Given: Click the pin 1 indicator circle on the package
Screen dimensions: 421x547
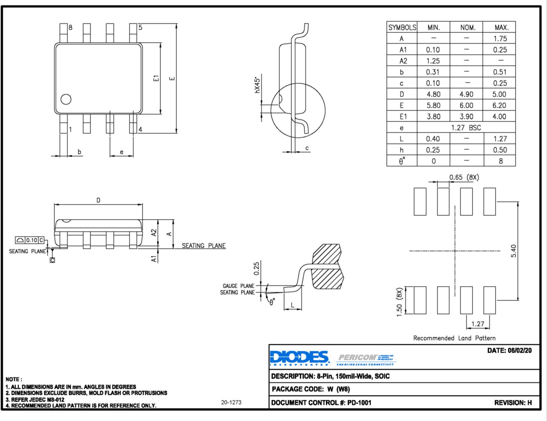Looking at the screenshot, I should [66, 99].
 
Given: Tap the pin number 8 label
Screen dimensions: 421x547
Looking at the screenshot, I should [70, 27].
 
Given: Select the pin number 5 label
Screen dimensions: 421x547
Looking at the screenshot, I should [140, 27].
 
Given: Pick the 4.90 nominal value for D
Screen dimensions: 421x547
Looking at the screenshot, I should [466, 94].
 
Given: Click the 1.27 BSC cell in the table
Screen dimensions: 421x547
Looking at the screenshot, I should [466, 128].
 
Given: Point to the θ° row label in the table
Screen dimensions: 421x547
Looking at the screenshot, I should [402, 161].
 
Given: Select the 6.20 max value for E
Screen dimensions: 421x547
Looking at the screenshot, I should [499, 105].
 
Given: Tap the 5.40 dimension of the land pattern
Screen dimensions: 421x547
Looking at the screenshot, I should [513, 251].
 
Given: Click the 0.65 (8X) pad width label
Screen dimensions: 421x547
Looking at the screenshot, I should [464, 177].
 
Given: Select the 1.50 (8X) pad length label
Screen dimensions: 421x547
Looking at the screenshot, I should [399, 302].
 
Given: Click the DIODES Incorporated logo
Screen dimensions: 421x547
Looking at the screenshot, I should [300, 358].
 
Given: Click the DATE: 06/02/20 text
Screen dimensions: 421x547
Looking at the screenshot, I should [509, 351].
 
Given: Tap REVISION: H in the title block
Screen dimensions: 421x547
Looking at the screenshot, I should [513, 403].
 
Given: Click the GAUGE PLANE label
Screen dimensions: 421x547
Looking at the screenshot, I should [238, 286].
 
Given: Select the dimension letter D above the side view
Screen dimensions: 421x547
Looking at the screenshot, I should [98, 200].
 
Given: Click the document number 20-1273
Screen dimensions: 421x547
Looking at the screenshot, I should [231, 403].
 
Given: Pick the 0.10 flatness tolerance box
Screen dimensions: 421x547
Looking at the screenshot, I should [32, 240].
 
